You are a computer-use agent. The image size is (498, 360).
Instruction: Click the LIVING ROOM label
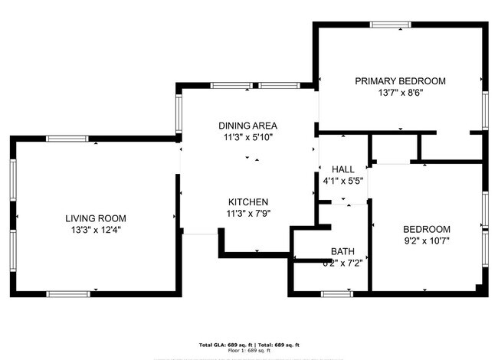pyautogui.click(x=96, y=218)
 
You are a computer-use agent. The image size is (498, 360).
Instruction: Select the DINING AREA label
pyautogui.click(x=247, y=126)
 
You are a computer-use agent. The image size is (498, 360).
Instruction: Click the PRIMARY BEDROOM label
pyautogui.click(x=400, y=80)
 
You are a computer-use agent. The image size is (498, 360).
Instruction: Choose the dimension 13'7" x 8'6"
pyautogui.click(x=400, y=93)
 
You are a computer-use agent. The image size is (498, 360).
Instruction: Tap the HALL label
pyautogui.click(x=342, y=169)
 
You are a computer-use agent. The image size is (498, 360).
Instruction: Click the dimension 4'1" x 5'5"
pyautogui.click(x=342, y=182)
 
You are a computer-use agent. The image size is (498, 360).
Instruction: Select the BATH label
pyautogui.click(x=342, y=251)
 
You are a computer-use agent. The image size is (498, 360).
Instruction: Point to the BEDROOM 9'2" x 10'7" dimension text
pyautogui.click(x=427, y=241)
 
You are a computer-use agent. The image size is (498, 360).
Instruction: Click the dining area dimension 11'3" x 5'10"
pyautogui.click(x=247, y=138)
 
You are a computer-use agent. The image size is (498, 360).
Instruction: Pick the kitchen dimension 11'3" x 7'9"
pyautogui.click(x=247, y=214)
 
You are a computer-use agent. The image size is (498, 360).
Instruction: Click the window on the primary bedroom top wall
pyautogui.click(x=392, y=25)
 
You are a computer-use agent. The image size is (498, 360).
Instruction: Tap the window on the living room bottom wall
pyautogui.click(x=68, y=293)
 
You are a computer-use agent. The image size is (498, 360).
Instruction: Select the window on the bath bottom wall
pyautogui.click(x=336, y=293)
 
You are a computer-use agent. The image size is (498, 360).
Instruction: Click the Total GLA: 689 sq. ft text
pyautogui.click(x=227, y=344)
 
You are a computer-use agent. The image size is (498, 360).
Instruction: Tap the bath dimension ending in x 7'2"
pyautogui.click(x=342, y=263)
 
